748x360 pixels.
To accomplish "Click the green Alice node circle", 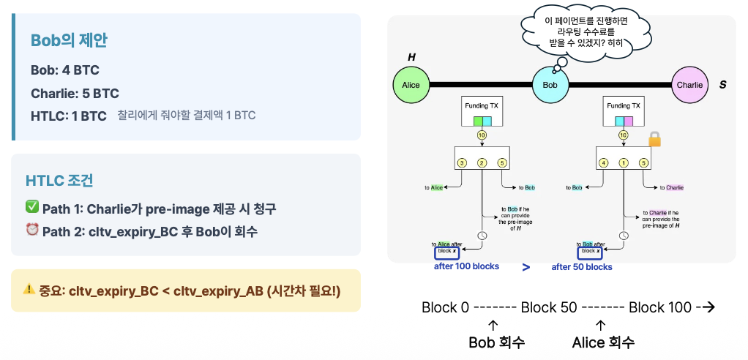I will pos(411,85).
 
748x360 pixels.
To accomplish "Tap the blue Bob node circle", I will pos(550,85).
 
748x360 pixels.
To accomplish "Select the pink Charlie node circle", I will pos(689,85).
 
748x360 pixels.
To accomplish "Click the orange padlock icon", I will pos(654,139).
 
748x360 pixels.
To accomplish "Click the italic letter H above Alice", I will pos(411,56).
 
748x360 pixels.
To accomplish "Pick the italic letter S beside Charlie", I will pos(722,85).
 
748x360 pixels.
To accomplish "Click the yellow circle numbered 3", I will pos(462,162).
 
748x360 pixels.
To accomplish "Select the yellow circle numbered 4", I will pos(603,162).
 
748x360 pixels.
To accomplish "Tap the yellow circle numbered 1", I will pos(623,162).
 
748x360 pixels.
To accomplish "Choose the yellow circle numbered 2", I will pos(482,162).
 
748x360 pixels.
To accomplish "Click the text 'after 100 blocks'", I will pos(466,267).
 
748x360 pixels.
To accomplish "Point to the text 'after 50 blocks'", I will pos(582,267).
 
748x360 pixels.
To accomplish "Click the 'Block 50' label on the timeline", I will pos(548,307).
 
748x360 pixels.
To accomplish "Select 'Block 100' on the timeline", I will pos(659,307).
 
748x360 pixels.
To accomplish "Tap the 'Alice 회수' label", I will pos(603,342).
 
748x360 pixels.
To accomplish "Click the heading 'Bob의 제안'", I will pos(69,41).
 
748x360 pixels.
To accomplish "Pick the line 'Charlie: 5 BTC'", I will pos(75,94).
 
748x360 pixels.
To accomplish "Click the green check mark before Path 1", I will pos(32,209).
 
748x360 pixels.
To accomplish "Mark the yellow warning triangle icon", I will pos(29,289).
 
